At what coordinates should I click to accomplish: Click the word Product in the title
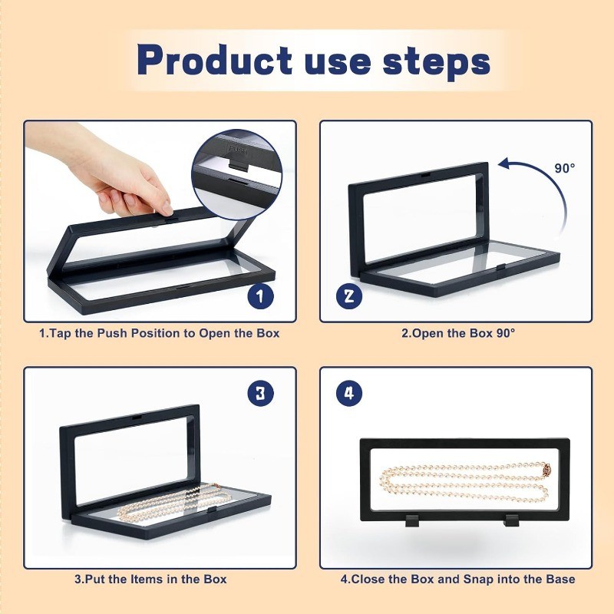(215, 60)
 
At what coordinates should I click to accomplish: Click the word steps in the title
(436, 62)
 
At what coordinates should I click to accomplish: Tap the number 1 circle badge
(260, 295)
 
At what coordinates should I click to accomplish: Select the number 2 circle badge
(349, 295)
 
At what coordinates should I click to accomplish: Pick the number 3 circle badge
(260, 393)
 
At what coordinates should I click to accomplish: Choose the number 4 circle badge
(349, 393)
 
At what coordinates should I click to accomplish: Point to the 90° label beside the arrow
(565, 168)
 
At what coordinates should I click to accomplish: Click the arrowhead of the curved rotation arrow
(504, 163)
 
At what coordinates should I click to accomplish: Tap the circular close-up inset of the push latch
(237, 174)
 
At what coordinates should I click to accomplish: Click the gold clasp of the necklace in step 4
(547, 468)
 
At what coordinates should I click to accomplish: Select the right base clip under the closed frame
(512, 520)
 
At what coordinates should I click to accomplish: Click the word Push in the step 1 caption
(112, 333)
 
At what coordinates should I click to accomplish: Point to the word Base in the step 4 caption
(561, 579)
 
